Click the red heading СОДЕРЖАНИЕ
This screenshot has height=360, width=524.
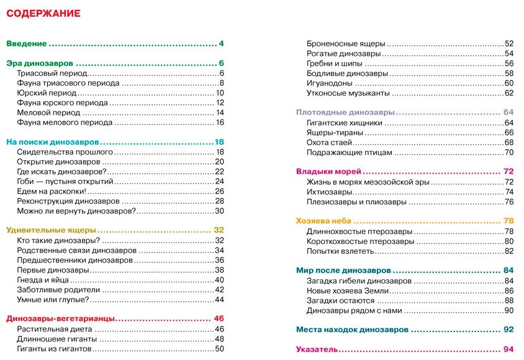point(43,13)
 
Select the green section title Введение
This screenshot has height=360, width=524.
point(27,43)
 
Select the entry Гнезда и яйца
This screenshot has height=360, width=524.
point(43,279)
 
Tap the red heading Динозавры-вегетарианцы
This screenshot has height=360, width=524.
point(60,318)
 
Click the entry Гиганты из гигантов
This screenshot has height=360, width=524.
point(54,348)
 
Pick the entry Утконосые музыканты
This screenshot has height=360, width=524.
point(348,93)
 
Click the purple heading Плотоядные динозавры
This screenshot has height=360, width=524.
point(345,112)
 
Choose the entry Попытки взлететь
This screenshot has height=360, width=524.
point(340,251)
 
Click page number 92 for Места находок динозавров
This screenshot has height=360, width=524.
point(509,330)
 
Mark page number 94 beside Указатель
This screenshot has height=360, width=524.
point(509,349)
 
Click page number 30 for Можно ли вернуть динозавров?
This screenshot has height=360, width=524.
point(219,211)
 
